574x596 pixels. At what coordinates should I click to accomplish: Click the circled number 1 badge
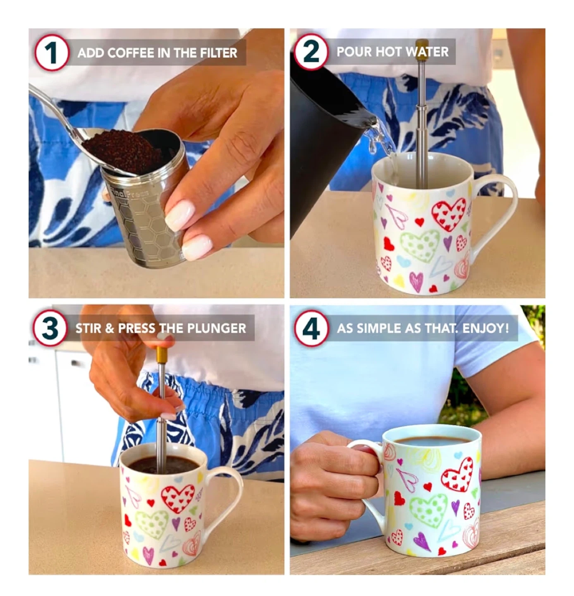pos(51,53)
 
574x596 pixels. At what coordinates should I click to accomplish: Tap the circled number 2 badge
pos(311,52)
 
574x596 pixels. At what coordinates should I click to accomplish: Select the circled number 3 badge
pos(50,328)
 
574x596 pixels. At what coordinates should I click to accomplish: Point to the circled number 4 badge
pos(311,328)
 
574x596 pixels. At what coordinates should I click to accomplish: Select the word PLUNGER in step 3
pos(217,328)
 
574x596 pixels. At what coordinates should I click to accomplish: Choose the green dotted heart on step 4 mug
pos(428,509)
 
